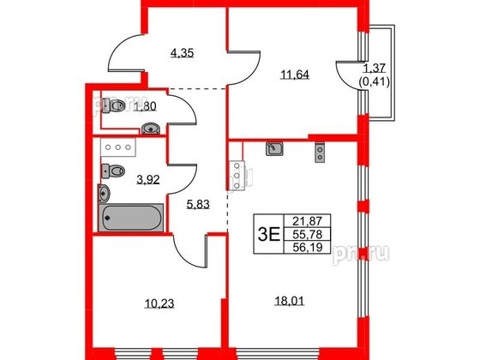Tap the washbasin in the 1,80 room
152,129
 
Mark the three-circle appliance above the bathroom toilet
117,147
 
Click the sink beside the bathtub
106,171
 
